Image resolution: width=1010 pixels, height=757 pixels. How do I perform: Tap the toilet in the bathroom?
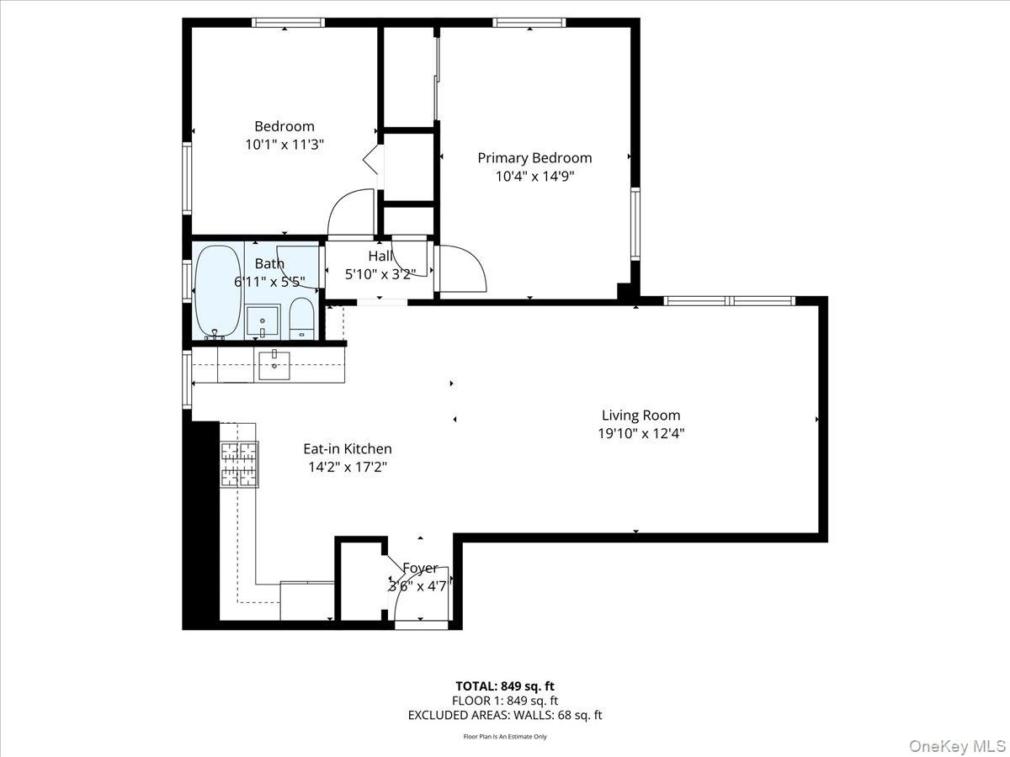coord(302,318)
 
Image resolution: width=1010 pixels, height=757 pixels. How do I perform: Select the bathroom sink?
coord(263,320)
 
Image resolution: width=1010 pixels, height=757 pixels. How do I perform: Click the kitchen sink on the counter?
coord(274,366)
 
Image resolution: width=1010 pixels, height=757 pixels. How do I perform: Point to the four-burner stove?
coord(239,464)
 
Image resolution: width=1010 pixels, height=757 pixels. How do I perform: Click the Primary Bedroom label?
coord(534,158)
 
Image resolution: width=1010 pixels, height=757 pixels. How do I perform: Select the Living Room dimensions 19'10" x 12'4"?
coord(641,433)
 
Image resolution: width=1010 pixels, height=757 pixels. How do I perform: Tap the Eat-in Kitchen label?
coord(348,448)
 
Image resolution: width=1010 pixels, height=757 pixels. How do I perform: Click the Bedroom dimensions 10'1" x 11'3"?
coord(284,145)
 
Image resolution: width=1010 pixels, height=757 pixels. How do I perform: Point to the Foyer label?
coord(420,568)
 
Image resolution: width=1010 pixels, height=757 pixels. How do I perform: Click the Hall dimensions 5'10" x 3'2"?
coord(380,274)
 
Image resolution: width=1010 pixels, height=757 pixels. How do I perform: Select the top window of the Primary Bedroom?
coord(529,23)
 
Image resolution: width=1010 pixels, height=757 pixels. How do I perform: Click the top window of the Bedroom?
coord(288,23)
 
